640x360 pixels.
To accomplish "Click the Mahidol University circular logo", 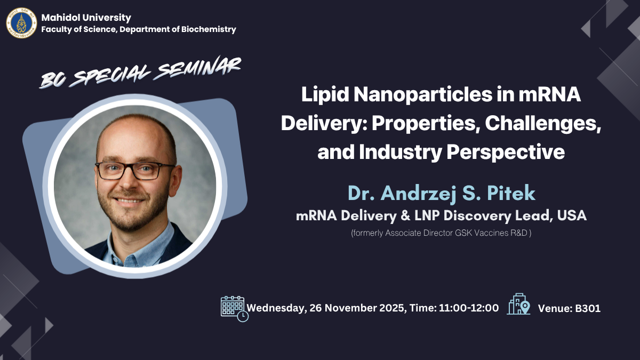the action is click(22, 23).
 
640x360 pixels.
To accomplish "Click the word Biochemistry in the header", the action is click(209, 29).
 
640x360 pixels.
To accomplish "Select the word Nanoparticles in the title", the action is click(423, 95).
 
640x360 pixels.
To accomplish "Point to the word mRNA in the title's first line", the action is click(550, 94).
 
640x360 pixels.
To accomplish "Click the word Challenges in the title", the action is click(543, 123).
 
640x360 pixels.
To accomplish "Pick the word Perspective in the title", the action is click(506, 153).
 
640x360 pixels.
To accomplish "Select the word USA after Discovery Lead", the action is click(572, 215).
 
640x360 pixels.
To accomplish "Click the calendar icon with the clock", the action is click(234, 309).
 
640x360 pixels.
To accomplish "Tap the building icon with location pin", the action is click(518, 304).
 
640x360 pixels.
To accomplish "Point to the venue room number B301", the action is click(588, 309).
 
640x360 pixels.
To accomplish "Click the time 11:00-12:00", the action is click(469, 308).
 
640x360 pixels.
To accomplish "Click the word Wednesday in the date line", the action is click(275, 308).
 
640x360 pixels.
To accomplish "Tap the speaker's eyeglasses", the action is click(135, 171).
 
